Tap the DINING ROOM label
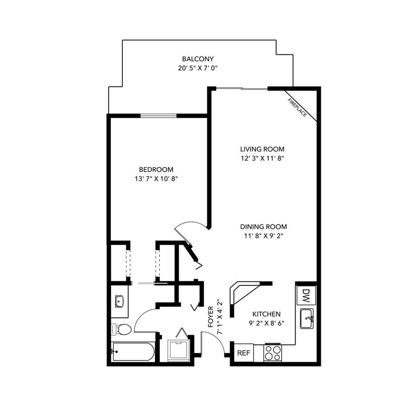click(264, 227)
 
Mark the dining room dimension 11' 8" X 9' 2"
click(264, 236)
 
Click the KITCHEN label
click(266, 314)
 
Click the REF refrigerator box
click(243, 353)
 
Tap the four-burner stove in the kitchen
click(272, 352)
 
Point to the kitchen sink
click(307, 319)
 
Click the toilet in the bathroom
click(122, 329)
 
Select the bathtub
click(133, 352)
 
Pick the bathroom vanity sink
click(120, 301)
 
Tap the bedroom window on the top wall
click(158, 116)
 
